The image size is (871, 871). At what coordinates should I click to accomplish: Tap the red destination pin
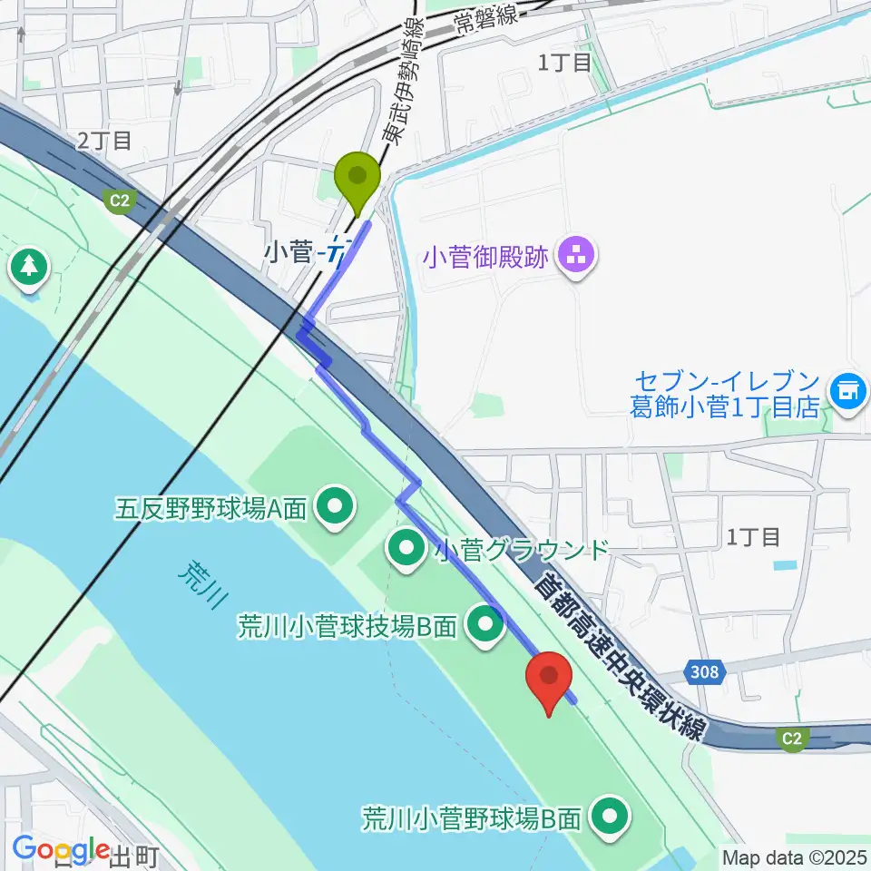coord(549,681)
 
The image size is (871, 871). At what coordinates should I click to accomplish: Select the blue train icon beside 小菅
coord(338,250)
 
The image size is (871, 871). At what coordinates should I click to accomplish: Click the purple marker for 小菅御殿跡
coord(574,256)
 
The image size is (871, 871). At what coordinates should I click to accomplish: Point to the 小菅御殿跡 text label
coord(486,257)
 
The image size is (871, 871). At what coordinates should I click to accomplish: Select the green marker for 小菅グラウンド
coord(405,547)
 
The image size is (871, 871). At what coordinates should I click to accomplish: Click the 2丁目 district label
coord(105,140)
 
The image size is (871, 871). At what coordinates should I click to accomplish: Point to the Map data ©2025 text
coord(793,856)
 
